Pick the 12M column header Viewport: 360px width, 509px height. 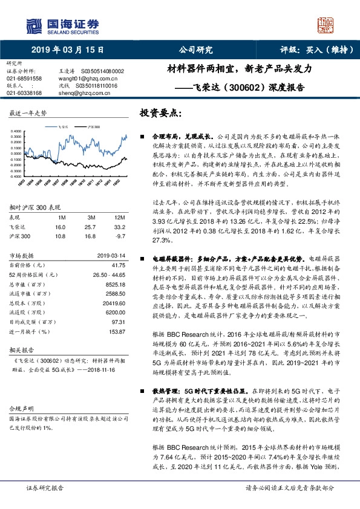[119, 216]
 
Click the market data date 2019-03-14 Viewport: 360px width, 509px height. [110, 256]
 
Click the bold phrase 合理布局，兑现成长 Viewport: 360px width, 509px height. [180, 138]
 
